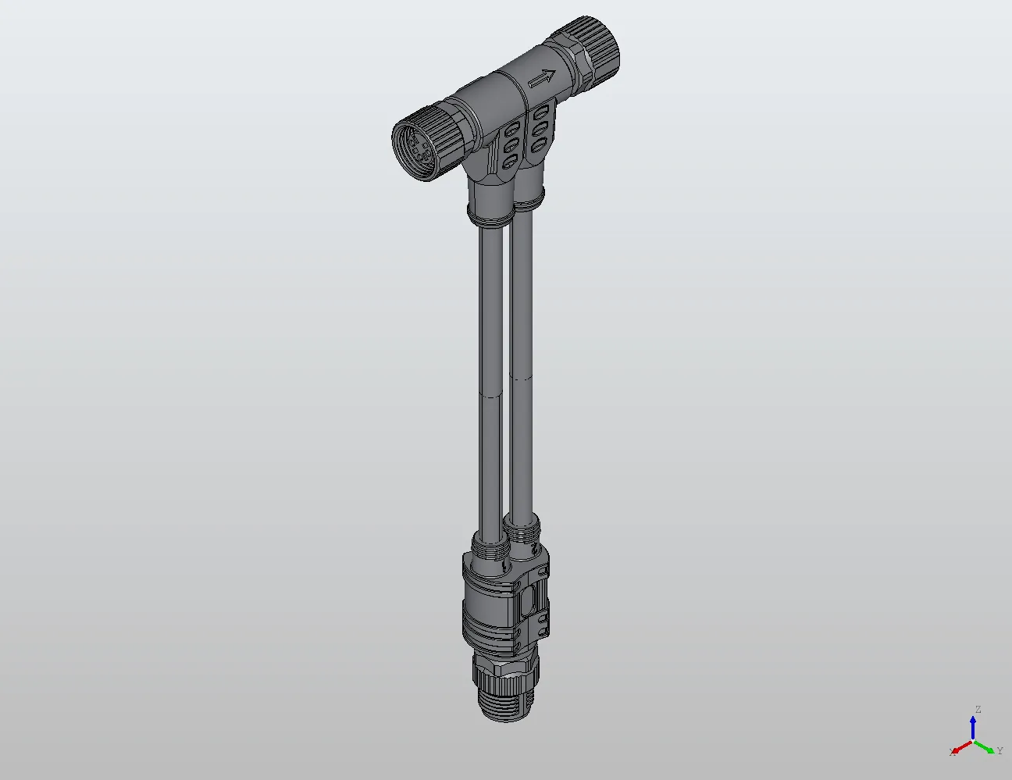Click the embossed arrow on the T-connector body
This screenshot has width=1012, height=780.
(x=542, y=78)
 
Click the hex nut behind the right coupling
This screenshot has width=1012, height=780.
(x=580, y=66)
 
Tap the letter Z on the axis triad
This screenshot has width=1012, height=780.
(x=978, y=710)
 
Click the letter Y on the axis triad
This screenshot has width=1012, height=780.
(x=1000, y=751)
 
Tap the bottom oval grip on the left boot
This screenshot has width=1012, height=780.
(x=510, y=162)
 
